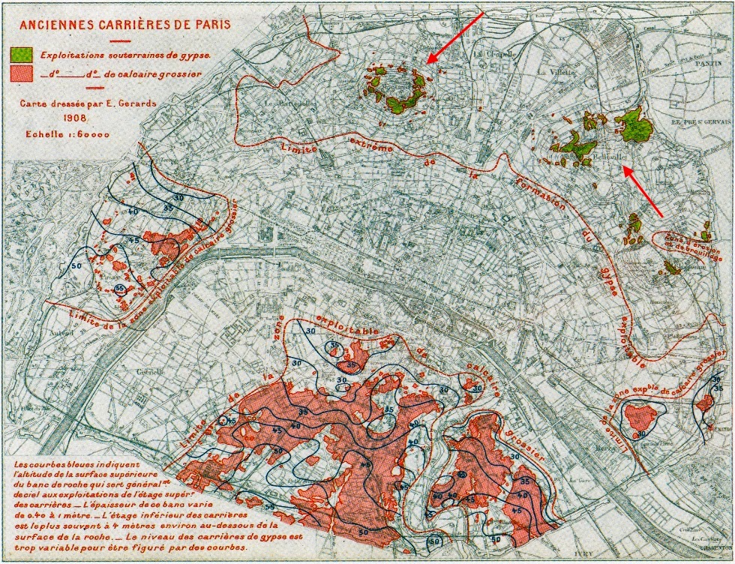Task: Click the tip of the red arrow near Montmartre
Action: pos(427,63)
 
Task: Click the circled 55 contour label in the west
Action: pos(119,289)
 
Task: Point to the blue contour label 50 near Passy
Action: pos(76,265)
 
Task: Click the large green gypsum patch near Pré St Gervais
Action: pos(634,125)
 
